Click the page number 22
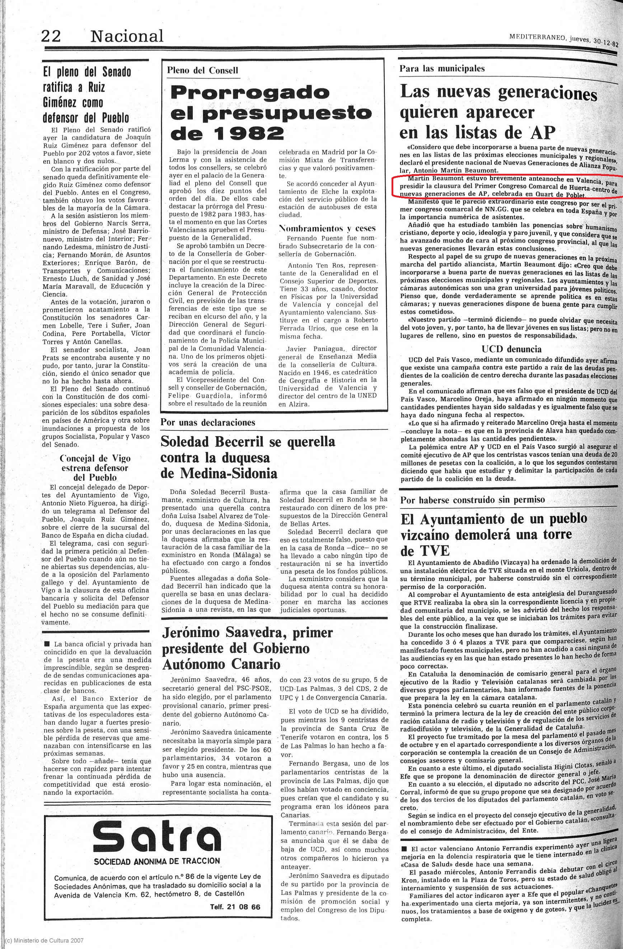click(51, 36)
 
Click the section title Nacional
click(127, 36)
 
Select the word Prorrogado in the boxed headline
click(250, 93)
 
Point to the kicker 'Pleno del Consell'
click(202, 71)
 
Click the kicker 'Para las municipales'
click(442, 69)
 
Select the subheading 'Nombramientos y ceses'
click(327, 228)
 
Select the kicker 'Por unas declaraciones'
click(208, 422)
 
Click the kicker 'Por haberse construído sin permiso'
click(472, 499)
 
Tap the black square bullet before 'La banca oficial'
click(47, 643)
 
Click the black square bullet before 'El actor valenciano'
click(404, 848)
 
